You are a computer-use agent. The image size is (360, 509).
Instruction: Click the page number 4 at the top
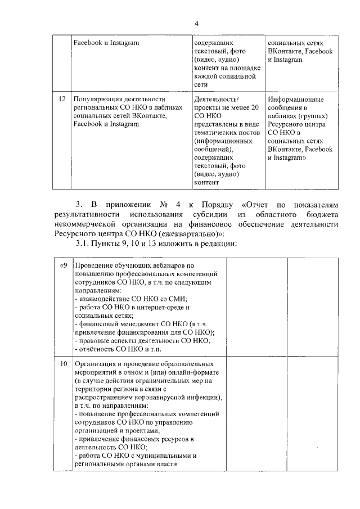pos(197,23)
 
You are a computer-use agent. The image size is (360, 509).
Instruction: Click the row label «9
pos(64,265)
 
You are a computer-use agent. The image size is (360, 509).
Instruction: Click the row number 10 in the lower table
pos(64,363)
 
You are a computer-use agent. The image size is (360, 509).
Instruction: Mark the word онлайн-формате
pos(190,372)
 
